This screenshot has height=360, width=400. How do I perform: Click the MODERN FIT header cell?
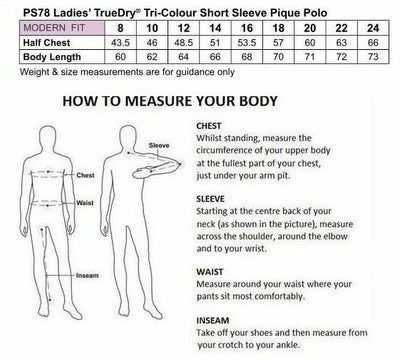tap(62, 28)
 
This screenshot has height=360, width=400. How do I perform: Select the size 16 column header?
tap(247, 28)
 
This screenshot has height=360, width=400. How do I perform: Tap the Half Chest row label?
tap(47, 43)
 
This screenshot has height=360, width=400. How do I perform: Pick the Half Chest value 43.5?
tap(120, 43)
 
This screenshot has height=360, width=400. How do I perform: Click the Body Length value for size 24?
tap(373, 57)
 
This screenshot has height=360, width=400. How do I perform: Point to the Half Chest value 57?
tap(278, 43)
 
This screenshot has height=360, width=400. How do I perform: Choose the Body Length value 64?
tap(184, 57)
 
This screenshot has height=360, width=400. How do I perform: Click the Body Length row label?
tap(52, 57)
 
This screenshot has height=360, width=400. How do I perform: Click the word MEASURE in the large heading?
tap(160, 101)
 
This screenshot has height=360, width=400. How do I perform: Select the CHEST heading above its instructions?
tap(209, 126)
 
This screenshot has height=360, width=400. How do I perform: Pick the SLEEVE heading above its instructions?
tap(210, 199)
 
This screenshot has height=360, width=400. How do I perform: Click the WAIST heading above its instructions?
tap(210, 272)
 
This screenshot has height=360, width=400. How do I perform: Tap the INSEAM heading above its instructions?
tap(213, 321)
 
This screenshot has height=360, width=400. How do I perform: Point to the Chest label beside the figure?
tap(86, 175)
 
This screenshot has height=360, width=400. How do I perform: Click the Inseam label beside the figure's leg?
tap(87, 276)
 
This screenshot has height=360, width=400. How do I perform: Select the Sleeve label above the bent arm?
tap(159, 146)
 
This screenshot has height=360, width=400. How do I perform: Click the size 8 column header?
tap(120, 28)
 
